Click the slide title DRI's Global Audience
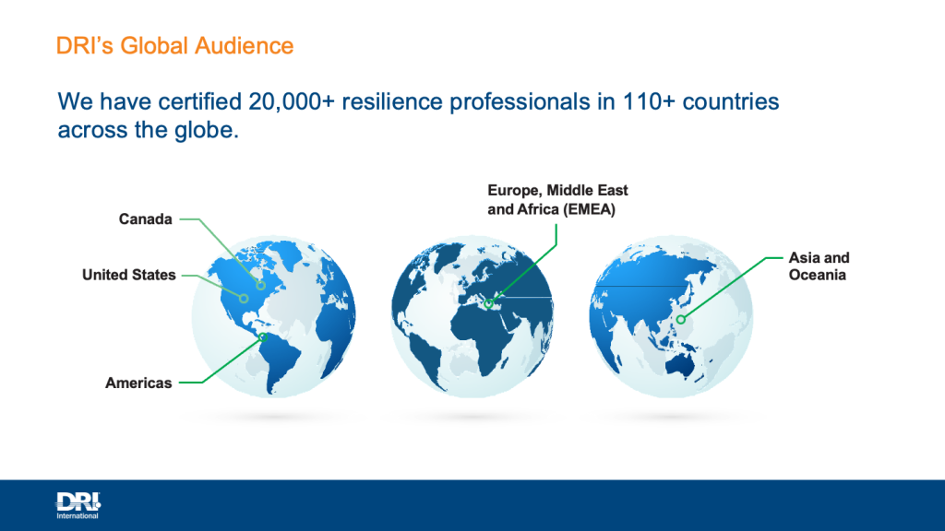[x=174, y=46]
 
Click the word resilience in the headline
[x=391, y=101]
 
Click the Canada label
[x=145, y=219]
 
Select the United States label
[x=129, y=275]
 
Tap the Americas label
[x=138, y=383]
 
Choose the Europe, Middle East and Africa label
[x=557, y=200]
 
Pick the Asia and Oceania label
[x=819, y=266]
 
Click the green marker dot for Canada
[x=260, y=286]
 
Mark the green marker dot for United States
[x=244, y=298]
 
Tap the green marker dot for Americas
[x=263, y=337]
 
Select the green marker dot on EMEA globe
[x=489, y=304]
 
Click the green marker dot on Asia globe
[x=680, y=320]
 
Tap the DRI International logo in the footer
[x=78, y=505]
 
